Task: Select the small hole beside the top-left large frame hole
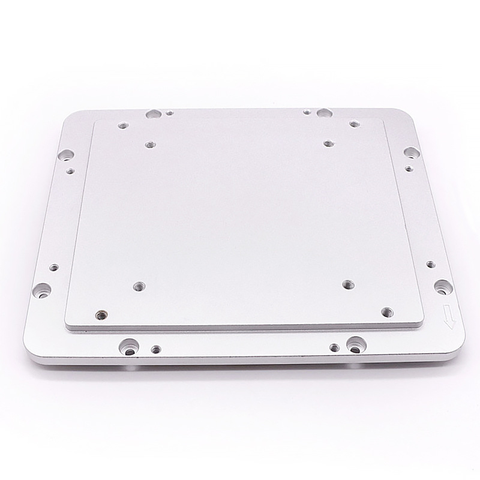pyautogui.click(x=170, y=112)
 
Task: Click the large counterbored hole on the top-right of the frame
pyautogui.click(x=324, y=113)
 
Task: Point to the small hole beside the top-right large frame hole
pyautogui.click(x=307, y=111)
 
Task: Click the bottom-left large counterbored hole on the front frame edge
pyautogui.click(x=128, y=346)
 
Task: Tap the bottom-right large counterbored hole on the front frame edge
pyautogui.click(x=355, y=345)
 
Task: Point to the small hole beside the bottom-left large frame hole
pyautogui.click(x=156, y=347)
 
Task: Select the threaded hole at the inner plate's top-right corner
pyautogui.click(x=353, y=124)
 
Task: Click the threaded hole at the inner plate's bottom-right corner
pyautogui.click(x=388, y=312)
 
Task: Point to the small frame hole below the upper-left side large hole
pyautogui.click(x=70, y=171)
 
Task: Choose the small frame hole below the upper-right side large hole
pyautogui.click(x=408, y=169)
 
